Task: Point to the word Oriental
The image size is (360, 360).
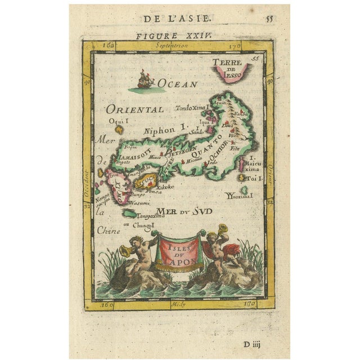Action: tap(135, 109)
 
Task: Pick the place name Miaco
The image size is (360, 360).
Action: tap(155, 158)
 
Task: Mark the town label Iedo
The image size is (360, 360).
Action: tap(212, 163)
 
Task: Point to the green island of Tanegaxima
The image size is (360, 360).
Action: tap(130, 214)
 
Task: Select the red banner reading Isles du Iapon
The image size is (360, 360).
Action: tap(181, 253)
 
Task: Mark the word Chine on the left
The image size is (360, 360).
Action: tap(105, 229)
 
